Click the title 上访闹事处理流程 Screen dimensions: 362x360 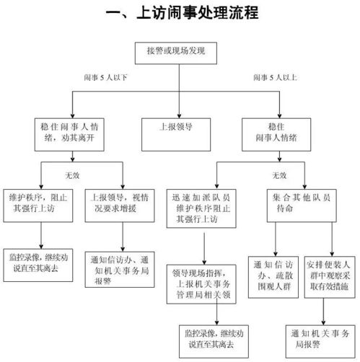181,14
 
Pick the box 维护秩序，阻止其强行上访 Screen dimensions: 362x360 40,201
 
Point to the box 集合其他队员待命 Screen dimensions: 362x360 294,201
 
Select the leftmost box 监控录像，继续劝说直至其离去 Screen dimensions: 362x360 40,260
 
